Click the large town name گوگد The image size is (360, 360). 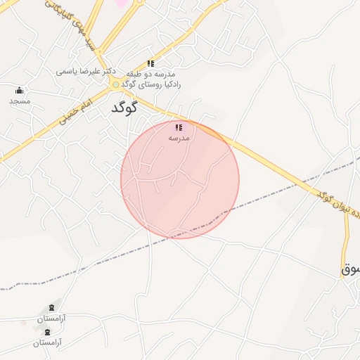pos(124,109)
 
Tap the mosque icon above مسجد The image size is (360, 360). pos(19,91)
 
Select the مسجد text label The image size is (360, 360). pos(20,101)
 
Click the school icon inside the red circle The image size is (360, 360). pos(179,127)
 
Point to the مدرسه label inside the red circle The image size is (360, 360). pos(179,138)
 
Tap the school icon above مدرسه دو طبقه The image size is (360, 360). pos(150,63)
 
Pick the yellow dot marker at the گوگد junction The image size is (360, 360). pos(116,84)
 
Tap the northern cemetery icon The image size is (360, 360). pos(51,308)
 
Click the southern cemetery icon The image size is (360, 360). pos(47,332)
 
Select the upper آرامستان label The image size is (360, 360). pos(52,319)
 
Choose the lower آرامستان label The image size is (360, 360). pos(46,342)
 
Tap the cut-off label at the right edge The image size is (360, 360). pos(350,269)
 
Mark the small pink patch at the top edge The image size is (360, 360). pos(122,4)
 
